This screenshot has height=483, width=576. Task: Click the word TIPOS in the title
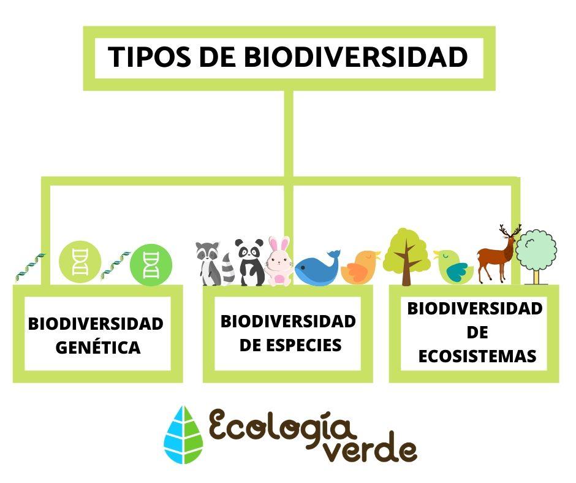click(150, 57)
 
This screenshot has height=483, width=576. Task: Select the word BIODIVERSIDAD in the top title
click(355, 57)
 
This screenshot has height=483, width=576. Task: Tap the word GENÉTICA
click(98, 348)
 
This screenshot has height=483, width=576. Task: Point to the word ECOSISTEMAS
click(477, 356)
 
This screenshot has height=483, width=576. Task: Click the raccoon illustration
click(214, 263)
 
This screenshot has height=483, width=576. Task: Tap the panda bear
click(250, 262)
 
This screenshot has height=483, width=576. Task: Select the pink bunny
click(279, 261)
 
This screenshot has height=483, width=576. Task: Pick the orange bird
click(360, 267)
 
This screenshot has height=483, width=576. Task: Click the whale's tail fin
click(334, 254)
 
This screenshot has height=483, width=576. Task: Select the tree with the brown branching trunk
click(406, 257)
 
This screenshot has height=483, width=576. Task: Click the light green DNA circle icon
click(80, 262)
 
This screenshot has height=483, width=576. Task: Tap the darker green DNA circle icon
click(151, 264)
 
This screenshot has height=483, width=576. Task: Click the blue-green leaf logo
click(183, 435)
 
